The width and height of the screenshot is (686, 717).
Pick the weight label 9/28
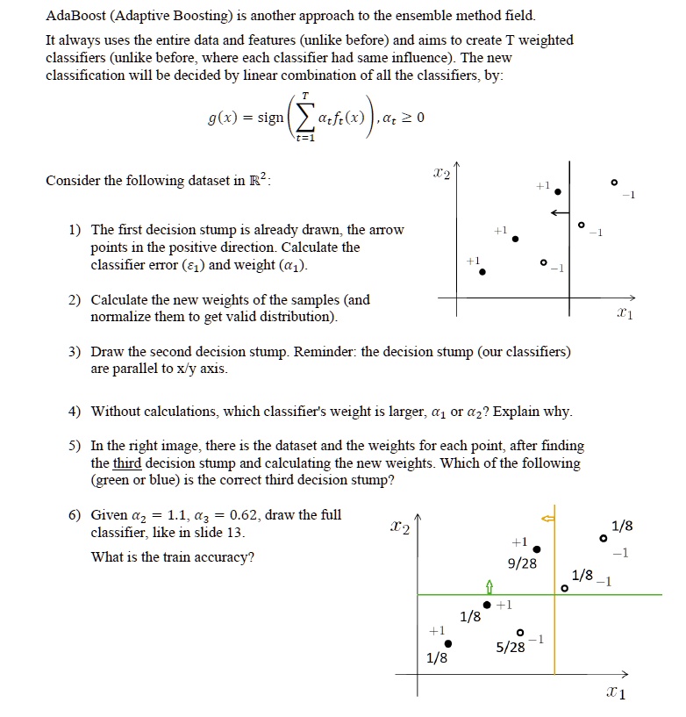point(521,563)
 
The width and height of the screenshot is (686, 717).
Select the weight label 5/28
point(511,648)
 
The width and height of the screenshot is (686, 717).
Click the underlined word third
point(130,462)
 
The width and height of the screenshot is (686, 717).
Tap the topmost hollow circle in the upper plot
point(614,183)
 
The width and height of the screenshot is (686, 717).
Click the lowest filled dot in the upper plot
point(482,272)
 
